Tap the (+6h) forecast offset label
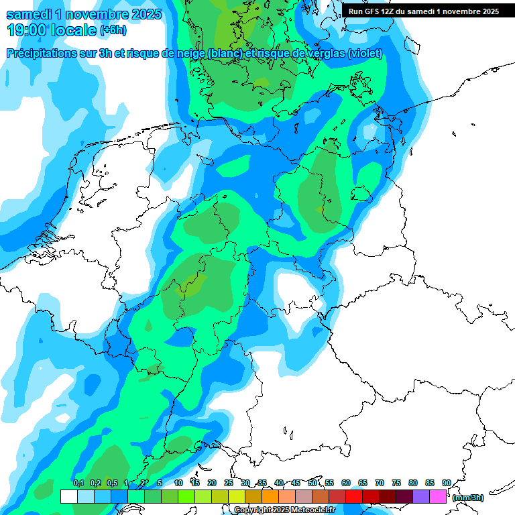point(113,30)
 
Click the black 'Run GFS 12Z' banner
point(423,11)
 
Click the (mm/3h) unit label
point(468,498)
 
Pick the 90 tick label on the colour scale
point(446,483)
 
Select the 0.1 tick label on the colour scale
point(78,483)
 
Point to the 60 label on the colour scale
point(346,483)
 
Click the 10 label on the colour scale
point(178,483)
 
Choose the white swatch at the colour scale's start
point(68,496)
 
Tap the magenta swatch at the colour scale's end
point(438,496)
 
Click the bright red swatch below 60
point(354,496)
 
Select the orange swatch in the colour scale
point(270,496)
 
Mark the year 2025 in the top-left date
point(141,14)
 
